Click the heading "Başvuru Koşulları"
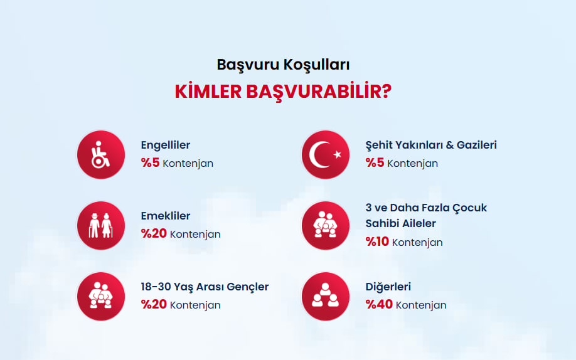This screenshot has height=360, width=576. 283,65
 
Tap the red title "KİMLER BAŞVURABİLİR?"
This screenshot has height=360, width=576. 283,92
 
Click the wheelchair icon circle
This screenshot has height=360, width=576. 101,155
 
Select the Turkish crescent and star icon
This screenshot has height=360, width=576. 326,155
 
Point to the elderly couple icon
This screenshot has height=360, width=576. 101,226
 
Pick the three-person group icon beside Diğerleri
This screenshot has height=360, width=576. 326,297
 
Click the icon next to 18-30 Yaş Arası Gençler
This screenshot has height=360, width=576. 101,297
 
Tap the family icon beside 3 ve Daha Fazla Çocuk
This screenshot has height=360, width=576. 326,226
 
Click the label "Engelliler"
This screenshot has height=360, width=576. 165,145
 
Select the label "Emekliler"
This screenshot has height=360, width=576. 165,216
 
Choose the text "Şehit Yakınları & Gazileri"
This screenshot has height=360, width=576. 431,145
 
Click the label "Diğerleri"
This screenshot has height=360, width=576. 388,287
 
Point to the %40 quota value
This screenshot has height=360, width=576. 379,305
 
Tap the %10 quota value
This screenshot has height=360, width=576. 377,241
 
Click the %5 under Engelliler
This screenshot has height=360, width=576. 150,162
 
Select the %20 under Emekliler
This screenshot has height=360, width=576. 154,234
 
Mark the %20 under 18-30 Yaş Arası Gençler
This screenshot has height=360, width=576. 154,305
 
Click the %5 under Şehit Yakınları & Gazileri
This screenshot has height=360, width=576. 375,162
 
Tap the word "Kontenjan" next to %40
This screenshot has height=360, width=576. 421,305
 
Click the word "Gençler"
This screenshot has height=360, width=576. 248,287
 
